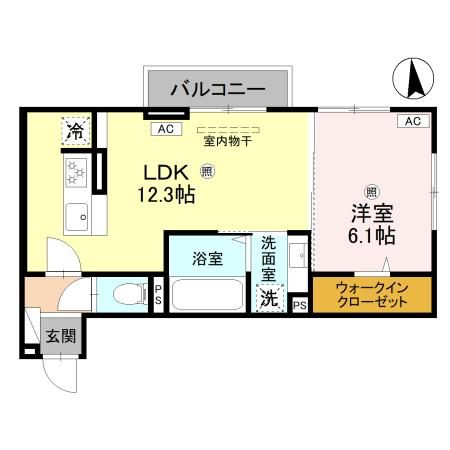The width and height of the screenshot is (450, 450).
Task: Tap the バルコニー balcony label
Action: coord(217,90)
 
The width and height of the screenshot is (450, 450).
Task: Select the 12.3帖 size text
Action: coord(165,195)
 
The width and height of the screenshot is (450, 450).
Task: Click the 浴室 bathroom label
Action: coord(208,258)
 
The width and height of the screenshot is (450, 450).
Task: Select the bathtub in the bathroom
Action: coord(208,294)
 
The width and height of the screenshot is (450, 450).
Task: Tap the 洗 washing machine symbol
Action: coord(269,297)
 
